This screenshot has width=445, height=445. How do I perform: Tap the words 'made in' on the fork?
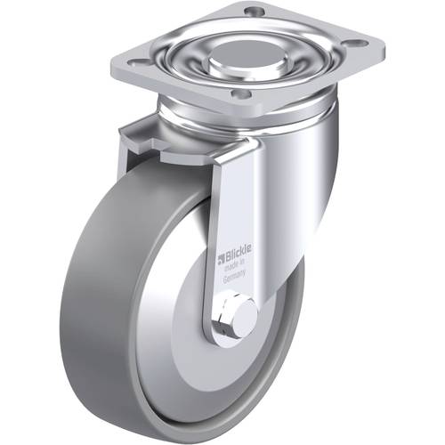(234, 266)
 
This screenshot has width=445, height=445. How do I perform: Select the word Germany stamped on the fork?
(234, 278)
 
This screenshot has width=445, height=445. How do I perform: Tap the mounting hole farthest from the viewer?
(253, 12)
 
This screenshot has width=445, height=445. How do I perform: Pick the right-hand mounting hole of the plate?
(359, 44)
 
